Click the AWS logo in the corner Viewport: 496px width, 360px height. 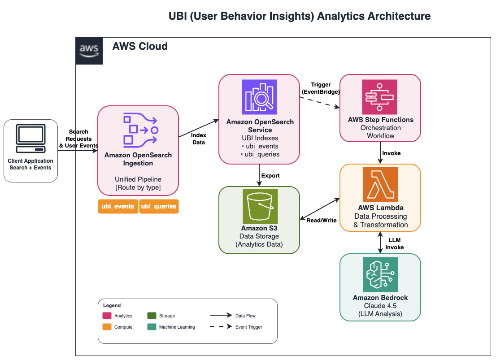coord(89,51)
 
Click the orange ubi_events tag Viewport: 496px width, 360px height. coord(118,207)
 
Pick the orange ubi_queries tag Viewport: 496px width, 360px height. coord(159,207)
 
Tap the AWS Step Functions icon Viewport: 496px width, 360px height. coord(380,97)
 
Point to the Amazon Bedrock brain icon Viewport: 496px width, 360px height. coord(380,275)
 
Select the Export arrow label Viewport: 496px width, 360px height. coord(270,176)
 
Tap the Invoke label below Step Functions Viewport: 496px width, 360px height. coord(391,153)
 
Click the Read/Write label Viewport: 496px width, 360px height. coord(322,220)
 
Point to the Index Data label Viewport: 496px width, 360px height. coord(198,139)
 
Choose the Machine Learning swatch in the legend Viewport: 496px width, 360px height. coord(151,327)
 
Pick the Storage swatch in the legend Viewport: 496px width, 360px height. coord(151,316)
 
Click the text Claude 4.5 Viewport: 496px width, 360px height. coord(380,306)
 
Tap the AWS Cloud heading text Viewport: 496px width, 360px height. coord(140,46)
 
